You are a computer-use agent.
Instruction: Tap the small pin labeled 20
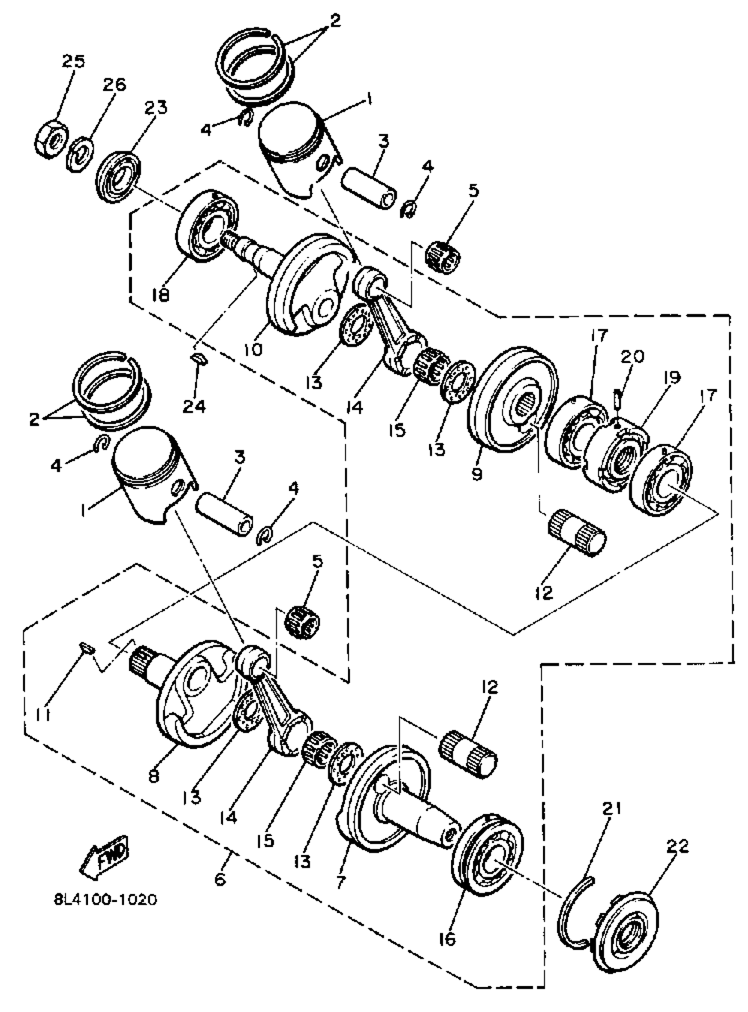point(620,400)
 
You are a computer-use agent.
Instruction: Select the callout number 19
point(672,377)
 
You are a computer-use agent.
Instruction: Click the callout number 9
point(477,474)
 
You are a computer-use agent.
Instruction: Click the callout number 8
point(154,776)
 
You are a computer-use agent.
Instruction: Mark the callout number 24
point(194,406)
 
